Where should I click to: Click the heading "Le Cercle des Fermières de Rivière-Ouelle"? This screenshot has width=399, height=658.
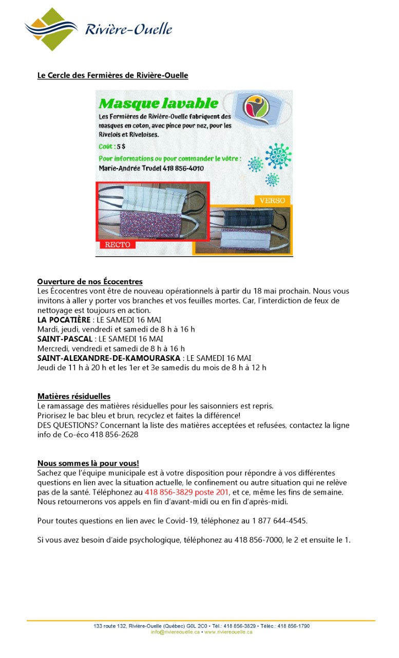[112, 76]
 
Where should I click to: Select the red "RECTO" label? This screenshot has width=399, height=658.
[118, 245]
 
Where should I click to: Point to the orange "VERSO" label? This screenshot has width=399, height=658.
[272, 200]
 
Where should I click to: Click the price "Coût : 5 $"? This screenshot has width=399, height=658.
[112, 147]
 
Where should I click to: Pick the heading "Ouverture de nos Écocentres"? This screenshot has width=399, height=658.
[90, 282]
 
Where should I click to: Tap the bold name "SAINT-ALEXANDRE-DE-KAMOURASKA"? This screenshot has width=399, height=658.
[108, 358]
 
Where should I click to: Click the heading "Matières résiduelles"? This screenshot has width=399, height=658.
[73, 396]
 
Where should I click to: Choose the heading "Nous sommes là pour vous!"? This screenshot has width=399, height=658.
[88, 463]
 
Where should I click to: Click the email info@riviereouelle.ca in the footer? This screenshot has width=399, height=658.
[175, 632]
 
